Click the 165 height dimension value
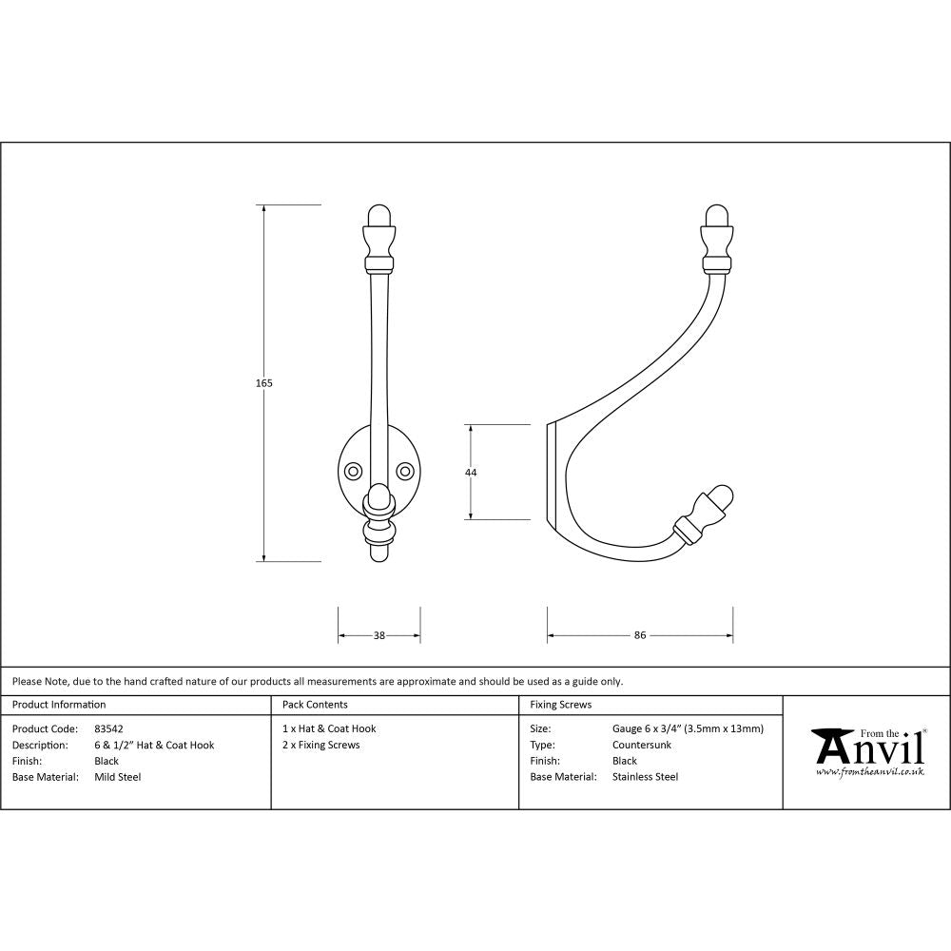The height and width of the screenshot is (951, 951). tap(264, 383)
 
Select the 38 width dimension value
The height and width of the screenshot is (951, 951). tap(379, 635)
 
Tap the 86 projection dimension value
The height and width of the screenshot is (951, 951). tap(639, 635)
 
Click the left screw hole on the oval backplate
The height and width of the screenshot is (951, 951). tap(353, 471)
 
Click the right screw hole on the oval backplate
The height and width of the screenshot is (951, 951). tap(405, 471)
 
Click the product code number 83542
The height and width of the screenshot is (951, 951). tap(108, 728)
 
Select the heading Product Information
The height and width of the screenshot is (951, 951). tap(59, 705)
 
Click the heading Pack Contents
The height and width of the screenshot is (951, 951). tap(315, 705)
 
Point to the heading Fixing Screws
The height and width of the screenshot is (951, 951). tap(560, 705)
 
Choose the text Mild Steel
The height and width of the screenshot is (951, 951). tap(117, 777)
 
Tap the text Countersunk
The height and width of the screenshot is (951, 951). tap(642, 745)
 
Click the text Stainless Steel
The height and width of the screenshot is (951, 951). tap(645, 777)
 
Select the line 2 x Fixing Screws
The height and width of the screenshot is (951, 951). tap(320, 745)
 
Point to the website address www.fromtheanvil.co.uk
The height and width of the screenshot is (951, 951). tap(869, 772)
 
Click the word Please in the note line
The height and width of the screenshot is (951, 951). tap(27, 681)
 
